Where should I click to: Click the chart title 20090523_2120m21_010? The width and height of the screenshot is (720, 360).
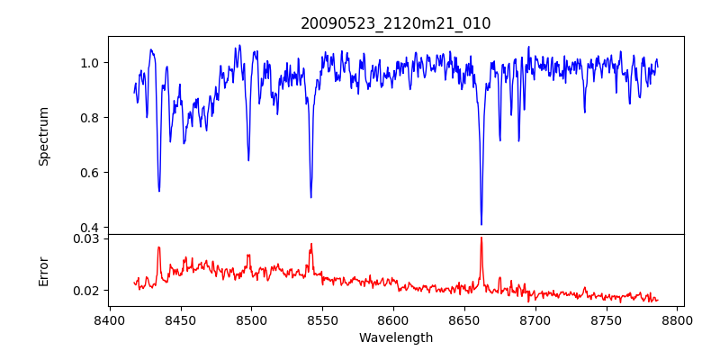tap(396, 23)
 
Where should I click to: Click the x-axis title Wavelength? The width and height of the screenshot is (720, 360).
tap(396, 337)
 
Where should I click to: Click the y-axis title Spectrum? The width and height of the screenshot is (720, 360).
tap(43, 136)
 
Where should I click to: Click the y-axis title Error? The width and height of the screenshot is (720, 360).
tap(43, 270)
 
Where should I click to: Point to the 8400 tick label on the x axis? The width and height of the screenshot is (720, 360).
tap(109, 319)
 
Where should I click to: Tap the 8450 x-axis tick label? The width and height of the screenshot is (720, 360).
tap(180, 319)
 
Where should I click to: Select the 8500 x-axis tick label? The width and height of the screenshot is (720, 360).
tap(251, 319)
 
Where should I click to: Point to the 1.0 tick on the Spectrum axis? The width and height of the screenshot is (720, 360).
tap(91, 63)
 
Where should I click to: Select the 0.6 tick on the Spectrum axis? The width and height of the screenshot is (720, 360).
tap(91, 173)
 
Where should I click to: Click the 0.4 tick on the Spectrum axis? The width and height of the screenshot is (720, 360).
tap(91, 228)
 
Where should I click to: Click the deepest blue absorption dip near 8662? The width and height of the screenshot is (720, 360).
tap(481, 224)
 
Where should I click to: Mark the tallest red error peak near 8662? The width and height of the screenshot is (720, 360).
tap(481, 238)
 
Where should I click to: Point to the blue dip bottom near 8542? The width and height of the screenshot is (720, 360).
tap(311, 197)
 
